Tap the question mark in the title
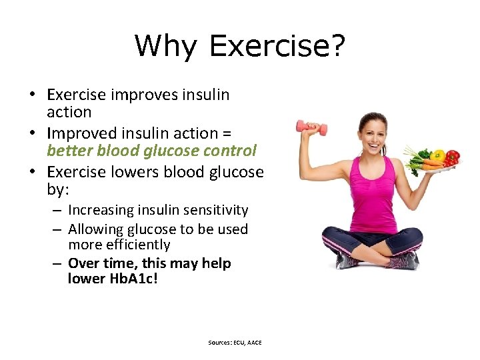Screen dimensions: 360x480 (337, 46)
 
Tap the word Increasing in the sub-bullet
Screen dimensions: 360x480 (101, 210)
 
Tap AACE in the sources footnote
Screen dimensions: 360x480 (254, 342)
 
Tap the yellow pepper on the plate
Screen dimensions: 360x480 (438, 155)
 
